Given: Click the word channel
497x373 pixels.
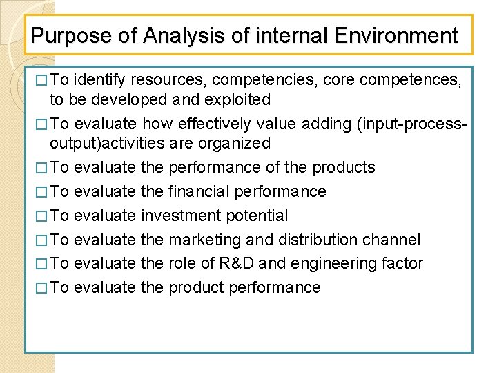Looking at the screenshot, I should (x=394, y=240).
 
